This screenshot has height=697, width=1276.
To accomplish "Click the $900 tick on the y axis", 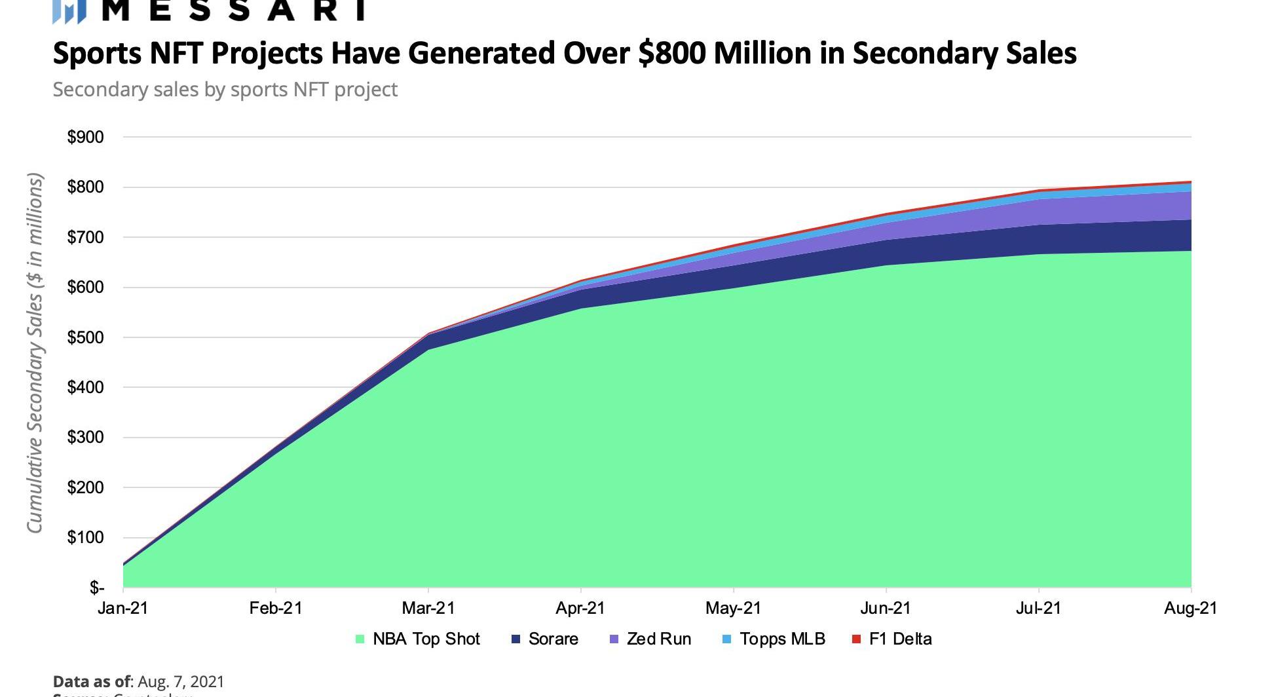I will pyautogui.click(x=85, y=138).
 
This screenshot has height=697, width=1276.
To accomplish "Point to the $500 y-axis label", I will pyautogui.click(x=85, y=338).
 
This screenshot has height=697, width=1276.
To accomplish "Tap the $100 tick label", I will pyautogui.click(x=85, y=538).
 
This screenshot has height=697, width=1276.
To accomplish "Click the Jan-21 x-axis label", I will pyautogui.click(x=123, y=609).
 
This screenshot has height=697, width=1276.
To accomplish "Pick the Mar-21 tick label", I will pyautogui.click(x=428, y=609).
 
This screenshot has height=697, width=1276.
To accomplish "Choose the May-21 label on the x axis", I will pyautogui.click(x=733, y=609).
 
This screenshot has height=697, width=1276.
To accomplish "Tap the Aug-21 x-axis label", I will pyautogui.click(x=1190, y=609).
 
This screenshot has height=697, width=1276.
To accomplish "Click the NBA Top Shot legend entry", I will pyautogui.click(x=426, y=639).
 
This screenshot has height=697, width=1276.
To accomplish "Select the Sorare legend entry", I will pyautogui.click(x=553, y=639).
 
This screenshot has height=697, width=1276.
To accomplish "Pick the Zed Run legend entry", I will pyautogui.click(x=658, y=639).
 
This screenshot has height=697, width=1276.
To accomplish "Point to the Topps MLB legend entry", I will pyautogui.click(x=781, y=639).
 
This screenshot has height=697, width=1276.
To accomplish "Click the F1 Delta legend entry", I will pyautogui.click(x=899, y=639).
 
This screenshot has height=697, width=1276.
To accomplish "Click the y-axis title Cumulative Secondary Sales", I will pyautogui.click(x=35, y=354).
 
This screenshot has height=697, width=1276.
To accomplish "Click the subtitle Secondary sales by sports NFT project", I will pyautogui.click(x=225, y=90).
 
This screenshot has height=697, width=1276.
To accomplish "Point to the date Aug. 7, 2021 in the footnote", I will pyautogui.click(x=181, y=682).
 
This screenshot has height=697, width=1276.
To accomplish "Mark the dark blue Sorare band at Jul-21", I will pyautogui.click(x=1039, y=240).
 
